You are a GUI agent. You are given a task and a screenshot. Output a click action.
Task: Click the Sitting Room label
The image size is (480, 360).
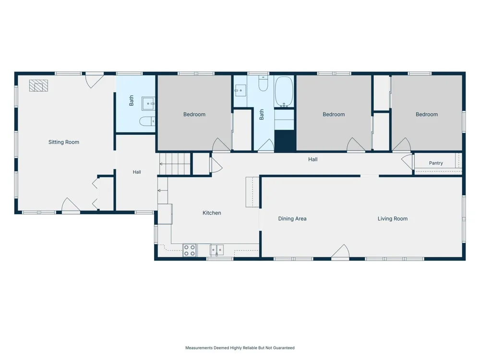coord(64,142)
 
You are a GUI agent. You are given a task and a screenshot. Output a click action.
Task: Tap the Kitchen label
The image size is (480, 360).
coord(212,213)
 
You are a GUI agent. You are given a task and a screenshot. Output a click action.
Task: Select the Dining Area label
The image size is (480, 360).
coord(292,218)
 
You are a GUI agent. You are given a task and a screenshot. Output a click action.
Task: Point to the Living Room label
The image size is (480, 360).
coord(393,218)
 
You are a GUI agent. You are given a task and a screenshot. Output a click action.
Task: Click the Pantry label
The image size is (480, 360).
coord(436,163)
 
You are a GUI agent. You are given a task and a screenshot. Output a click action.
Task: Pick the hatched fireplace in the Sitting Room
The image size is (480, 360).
coord(38,86)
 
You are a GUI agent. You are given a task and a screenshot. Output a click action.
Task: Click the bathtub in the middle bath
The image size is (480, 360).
coord(284,92)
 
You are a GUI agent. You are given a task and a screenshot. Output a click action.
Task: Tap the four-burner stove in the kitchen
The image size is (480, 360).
coord(190,251)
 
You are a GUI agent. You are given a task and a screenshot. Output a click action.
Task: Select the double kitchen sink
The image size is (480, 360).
coord(217,250)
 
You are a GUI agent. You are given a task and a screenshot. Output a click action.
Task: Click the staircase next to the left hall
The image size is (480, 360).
coord(175,164)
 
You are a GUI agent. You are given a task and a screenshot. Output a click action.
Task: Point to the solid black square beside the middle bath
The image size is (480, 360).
coord(285,141)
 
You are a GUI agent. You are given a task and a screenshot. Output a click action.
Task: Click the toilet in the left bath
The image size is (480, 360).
coord(147,121)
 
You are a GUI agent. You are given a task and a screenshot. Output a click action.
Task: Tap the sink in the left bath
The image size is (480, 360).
coord(148,104)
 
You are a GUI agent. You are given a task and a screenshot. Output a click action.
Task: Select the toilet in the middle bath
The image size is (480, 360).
coord(263,83)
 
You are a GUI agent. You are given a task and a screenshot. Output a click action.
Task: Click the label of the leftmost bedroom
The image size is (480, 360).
coord(194,115)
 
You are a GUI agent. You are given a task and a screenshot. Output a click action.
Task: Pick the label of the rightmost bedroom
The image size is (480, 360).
coord(427,115)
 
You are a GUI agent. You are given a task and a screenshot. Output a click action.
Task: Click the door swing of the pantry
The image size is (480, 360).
coord(407,162)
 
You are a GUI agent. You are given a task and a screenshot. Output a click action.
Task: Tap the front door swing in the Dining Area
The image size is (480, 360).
coord(340,252)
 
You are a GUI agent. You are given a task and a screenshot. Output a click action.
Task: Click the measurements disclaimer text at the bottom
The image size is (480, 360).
coord(240,348)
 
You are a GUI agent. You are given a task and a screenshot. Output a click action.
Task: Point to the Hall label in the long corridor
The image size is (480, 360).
coord(313,159)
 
